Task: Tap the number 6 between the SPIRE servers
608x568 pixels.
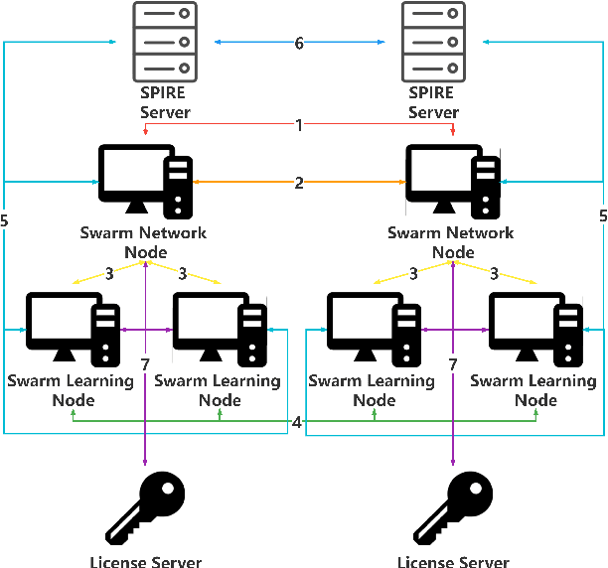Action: coord(298,43)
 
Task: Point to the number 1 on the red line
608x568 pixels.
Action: coord(298,125)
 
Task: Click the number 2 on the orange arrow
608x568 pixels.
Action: coord(298,183)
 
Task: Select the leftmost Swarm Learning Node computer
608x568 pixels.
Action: coord(73,329)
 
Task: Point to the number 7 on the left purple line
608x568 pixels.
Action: coord(145,366)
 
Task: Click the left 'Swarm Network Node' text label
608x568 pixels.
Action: coord(144,241)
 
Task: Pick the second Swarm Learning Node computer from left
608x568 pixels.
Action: coord(220,329)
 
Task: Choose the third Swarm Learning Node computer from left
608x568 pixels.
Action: coord(375,329)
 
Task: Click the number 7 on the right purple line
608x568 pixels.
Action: coord(453,366)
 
